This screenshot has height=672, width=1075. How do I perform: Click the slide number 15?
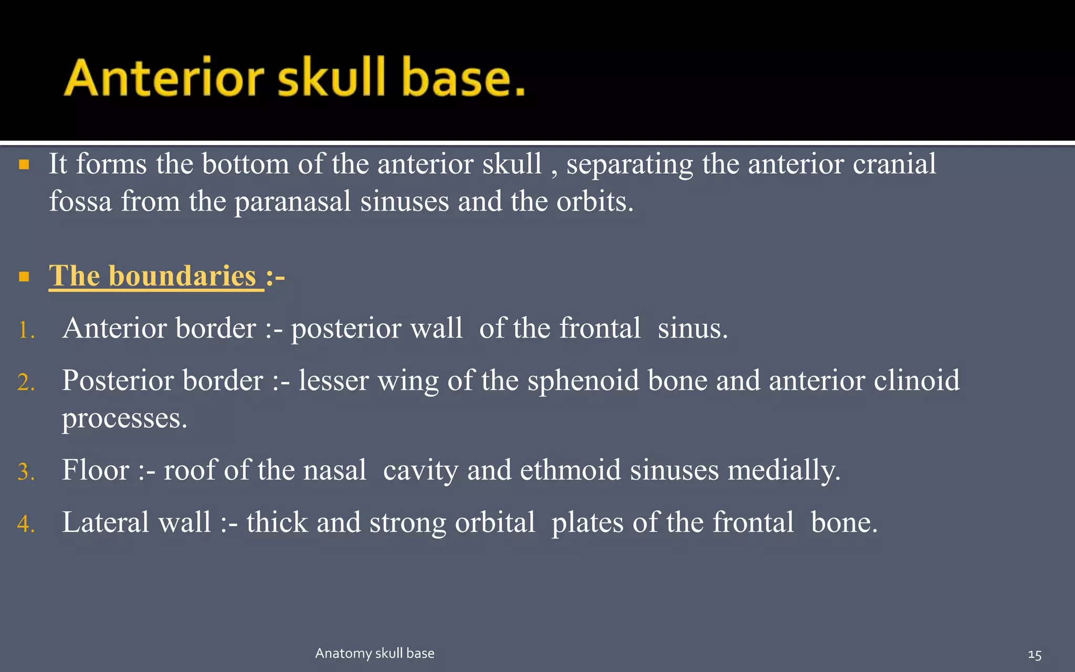pyautogui.click(x=1034, y=655)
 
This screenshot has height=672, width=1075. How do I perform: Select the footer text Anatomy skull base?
pyautogui.click(x=374, y=653)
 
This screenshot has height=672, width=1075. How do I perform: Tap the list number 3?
pyautogui.click(x=26, y=472)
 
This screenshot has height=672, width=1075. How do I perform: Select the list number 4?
pyautogui.click(x=26, y=524)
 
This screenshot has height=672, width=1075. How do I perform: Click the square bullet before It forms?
pyautogui.click(x=24, y=165)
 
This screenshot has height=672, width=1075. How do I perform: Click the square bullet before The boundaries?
pyautogui.click(x=24, y=277)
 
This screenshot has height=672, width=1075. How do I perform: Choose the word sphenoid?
pyautogui.click(x=583, y=381)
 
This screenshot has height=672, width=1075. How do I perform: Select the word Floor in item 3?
pyautogui.click(x=95, y=470)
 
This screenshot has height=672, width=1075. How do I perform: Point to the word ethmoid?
pyautogui.click(x=571, y=470)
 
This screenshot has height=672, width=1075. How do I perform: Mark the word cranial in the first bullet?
pyautogui.click(x=894, y=164)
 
